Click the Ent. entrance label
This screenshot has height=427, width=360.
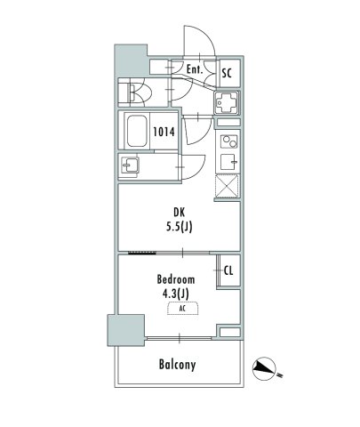coord(196,68)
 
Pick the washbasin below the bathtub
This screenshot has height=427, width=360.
coord(130,165)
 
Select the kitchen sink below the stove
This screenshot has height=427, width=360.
coord(227,161)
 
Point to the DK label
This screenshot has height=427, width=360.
coord(180,212)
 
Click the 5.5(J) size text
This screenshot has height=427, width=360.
coord(180,227)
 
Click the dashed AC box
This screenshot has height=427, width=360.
coord(180,308)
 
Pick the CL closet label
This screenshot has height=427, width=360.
coord(228,271)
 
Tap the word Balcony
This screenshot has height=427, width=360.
coord(178,365)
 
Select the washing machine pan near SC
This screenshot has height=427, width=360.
coord(226,103)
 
